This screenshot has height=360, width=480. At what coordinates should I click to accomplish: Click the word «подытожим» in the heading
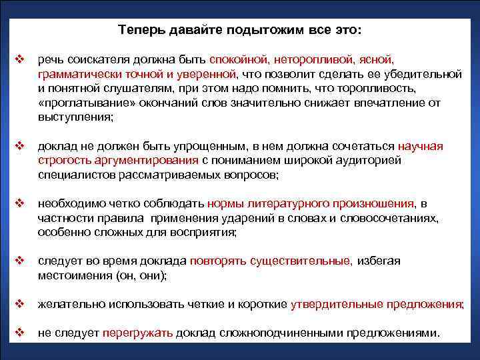(283, 31)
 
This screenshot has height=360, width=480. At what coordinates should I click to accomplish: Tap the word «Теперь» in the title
(139, 31)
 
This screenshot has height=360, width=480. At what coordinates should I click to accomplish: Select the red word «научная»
(420, 147)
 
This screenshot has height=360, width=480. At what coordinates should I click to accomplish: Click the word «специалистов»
(72, 175)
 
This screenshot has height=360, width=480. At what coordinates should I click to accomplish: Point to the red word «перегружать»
(137, 333)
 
